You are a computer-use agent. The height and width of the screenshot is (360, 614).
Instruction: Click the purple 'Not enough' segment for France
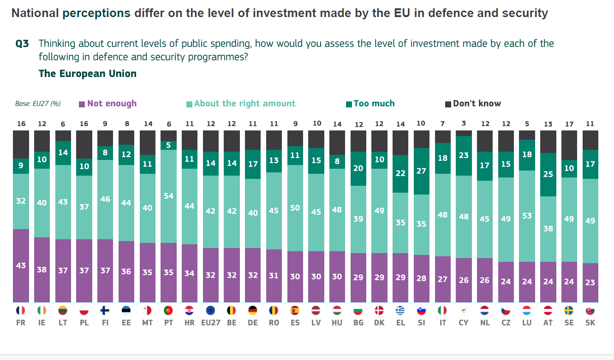point(21,266)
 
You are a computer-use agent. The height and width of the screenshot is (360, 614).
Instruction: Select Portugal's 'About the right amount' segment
point(168,196)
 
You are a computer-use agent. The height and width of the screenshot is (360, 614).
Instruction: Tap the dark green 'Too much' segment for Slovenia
point(421,171)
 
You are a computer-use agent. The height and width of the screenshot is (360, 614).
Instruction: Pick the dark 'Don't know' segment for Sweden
point(569,145)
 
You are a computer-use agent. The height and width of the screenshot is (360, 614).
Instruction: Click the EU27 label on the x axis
point(211,323)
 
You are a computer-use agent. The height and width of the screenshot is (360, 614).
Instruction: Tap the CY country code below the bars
point(464,323)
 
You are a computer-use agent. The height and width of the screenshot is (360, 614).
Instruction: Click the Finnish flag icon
point(105,311)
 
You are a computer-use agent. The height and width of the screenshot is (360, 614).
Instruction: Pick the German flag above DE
point(253,311)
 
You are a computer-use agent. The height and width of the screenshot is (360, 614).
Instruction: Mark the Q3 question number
point(22,44)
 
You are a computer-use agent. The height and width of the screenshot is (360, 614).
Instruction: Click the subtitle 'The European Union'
point(88,74)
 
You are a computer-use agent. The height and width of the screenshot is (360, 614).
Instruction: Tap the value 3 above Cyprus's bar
point(464,124)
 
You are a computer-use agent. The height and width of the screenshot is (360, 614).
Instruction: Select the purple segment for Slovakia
point(590,283)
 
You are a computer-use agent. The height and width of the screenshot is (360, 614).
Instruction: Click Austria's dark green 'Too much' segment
point(548,175)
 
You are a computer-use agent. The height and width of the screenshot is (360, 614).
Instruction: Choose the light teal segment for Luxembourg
point(527,216)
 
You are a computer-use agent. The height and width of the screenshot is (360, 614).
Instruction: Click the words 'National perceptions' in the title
point(71,13)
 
